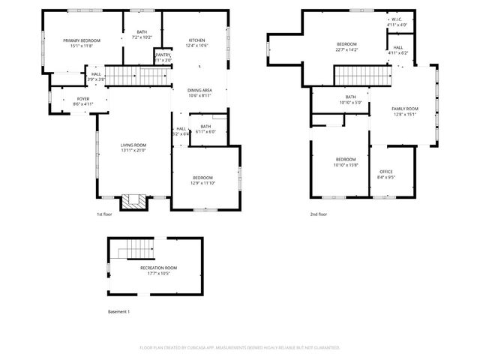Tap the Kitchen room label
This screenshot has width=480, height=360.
pos(196,43)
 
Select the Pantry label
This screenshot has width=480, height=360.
pos(163,57)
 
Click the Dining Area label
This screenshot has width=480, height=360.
pos(199,92)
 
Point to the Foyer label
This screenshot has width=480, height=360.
pos(82,101)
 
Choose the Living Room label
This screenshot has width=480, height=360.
pos(133,147)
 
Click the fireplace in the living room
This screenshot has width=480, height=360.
pos(136,201)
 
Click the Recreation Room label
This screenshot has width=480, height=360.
pos(158,270)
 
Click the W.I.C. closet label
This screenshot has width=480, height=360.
pos(397,22)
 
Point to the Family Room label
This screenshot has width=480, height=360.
pos(404,112)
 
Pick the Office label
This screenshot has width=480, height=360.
pos(385,174)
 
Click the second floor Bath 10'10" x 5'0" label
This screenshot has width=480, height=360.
pos(350,99)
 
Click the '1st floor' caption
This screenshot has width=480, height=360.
pos(104,214)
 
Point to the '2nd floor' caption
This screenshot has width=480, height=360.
pos(319,214)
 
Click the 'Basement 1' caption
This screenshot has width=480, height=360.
pos(118,311)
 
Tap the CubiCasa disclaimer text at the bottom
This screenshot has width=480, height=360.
pos(240,348)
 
